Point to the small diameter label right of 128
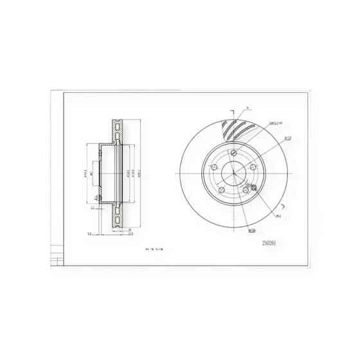[278, 216]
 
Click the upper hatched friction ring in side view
[118, 132]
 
